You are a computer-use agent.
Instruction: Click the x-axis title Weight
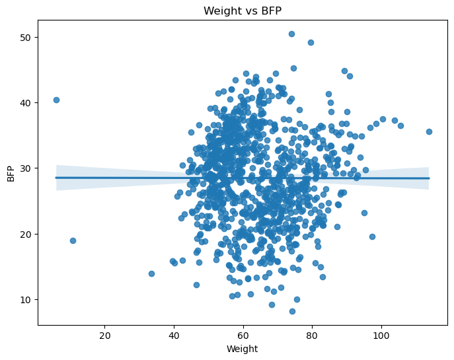tap(242, 349)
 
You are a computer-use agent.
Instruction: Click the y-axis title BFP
tap(11, 174)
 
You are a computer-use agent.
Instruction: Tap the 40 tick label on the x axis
tap(174, 336)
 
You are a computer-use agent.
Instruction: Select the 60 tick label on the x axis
tap(243, 336)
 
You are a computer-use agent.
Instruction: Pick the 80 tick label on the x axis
tap(312, 336)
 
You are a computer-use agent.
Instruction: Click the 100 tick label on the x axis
tap(381, 336)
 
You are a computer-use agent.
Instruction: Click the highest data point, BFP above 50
tap(291, 34)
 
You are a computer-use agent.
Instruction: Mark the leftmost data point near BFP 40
tap(56, 100)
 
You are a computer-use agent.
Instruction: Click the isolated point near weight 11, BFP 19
tap(73, 240)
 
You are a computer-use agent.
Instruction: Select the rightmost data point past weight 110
tap(429, 131)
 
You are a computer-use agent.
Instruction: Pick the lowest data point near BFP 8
tap(292, 311)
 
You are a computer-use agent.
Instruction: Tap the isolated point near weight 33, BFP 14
tap(151, 273)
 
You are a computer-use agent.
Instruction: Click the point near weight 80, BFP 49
tap(311, 42)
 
